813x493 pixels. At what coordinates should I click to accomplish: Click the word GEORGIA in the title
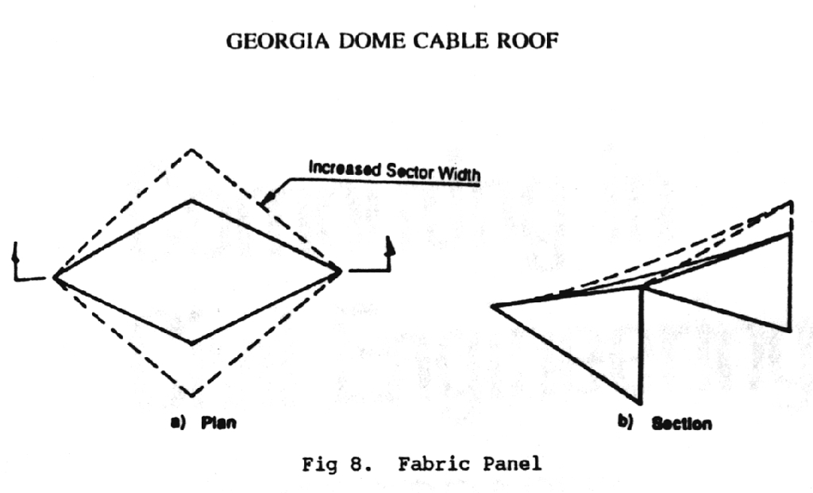277,41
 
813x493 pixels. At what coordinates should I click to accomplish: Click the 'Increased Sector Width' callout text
394,171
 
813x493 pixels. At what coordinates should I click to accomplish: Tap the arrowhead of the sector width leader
267,200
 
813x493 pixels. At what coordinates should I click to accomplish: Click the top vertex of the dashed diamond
192,149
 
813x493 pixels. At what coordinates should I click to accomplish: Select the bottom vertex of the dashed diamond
192,396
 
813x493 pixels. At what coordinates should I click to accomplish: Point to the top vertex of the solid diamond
192,200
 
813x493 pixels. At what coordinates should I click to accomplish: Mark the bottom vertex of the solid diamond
192,344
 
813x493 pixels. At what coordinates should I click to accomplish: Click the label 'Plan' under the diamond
218,422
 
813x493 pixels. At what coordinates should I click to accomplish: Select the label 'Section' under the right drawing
681,423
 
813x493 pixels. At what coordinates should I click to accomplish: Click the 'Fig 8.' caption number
337,464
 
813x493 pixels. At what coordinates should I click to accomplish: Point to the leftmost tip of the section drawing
492,306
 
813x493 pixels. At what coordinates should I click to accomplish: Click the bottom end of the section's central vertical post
640,402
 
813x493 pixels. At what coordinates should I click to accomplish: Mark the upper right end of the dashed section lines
792,201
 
